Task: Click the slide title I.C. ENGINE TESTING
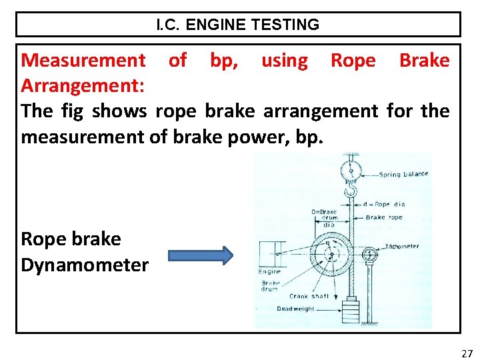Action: pos(238,25)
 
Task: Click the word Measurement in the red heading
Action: pos(83,61)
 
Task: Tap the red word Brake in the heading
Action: pos(424,61)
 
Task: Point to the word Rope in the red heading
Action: pos(353,61)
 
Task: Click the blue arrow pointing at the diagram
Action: pos(200,255)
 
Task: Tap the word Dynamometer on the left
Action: pos(85,265)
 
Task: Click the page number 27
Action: pos(467,353)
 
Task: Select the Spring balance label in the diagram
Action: pos(403,175)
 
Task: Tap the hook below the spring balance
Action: pos(349,193)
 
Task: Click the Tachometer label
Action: pos(402,246)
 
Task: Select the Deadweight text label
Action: pos(296,309)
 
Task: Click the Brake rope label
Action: pos(385,217)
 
